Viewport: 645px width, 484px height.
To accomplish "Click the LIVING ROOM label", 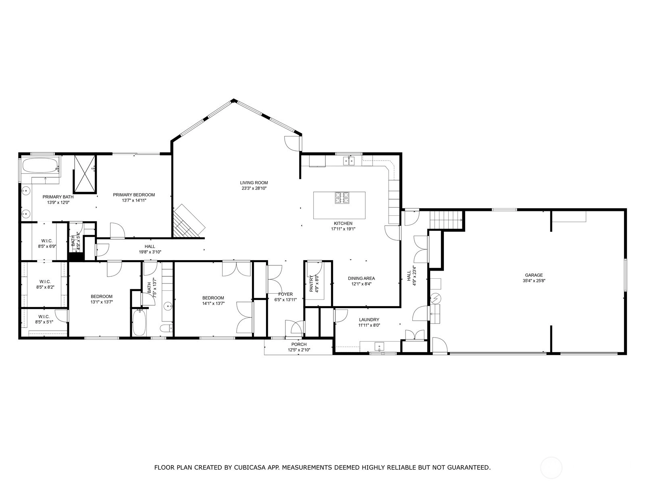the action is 254,183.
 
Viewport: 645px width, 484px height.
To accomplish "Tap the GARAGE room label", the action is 534,275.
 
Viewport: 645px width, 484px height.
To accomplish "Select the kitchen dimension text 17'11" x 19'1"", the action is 343,229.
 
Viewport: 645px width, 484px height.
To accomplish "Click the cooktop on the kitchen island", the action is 342,198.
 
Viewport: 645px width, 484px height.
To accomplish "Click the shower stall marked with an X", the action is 85,174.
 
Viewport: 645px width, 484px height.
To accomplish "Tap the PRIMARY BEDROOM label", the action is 134,195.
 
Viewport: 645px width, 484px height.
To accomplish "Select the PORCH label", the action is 299,344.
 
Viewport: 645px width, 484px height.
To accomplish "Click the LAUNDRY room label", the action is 369,319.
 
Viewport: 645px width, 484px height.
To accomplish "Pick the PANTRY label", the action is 311,284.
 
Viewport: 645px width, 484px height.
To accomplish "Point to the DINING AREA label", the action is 361,278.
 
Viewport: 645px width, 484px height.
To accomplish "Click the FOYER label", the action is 285,294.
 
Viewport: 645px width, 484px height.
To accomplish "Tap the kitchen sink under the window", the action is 349,161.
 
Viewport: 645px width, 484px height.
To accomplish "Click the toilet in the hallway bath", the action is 166,328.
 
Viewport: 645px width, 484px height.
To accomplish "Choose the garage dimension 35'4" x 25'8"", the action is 534,281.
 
